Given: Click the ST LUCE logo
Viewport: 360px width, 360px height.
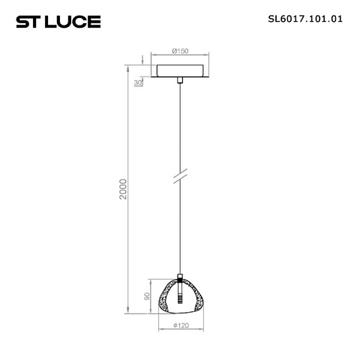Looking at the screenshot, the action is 58,22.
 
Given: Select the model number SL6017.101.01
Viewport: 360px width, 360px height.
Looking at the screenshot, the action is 305,19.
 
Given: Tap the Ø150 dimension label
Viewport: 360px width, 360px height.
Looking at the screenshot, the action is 180,51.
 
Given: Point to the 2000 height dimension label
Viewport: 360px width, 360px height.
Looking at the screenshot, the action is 123,189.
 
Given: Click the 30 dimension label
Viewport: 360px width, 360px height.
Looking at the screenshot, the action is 138,82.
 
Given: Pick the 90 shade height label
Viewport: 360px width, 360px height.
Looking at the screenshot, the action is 147,296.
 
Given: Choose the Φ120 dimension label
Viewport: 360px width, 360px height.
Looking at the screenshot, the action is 181,325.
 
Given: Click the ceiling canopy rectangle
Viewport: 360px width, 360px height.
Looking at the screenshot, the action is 180,70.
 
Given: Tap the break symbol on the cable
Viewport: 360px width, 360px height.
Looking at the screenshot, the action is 180,176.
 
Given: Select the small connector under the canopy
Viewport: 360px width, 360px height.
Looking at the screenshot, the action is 180,80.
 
